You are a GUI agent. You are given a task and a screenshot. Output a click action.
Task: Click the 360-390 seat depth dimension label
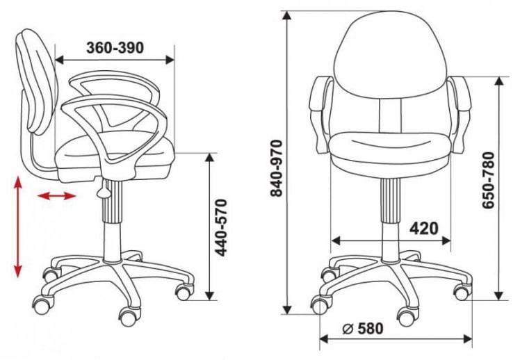[115, 48]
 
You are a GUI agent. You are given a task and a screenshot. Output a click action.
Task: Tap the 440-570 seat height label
[221, 228]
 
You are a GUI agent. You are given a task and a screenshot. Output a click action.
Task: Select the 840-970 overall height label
[276, 168]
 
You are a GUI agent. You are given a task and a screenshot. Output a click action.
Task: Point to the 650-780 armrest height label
[488, 180]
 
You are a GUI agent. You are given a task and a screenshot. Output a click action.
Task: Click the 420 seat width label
[424, 228]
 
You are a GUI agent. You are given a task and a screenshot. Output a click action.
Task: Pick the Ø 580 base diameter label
[363, 329]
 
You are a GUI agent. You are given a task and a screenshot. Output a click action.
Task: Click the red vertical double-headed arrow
[18, 227]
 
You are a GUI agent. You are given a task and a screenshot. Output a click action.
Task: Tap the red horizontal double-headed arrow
[57, 196]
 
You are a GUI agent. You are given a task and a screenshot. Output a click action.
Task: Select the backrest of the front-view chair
[391, 55]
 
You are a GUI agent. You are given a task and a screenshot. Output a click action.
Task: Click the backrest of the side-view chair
[36, 81]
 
